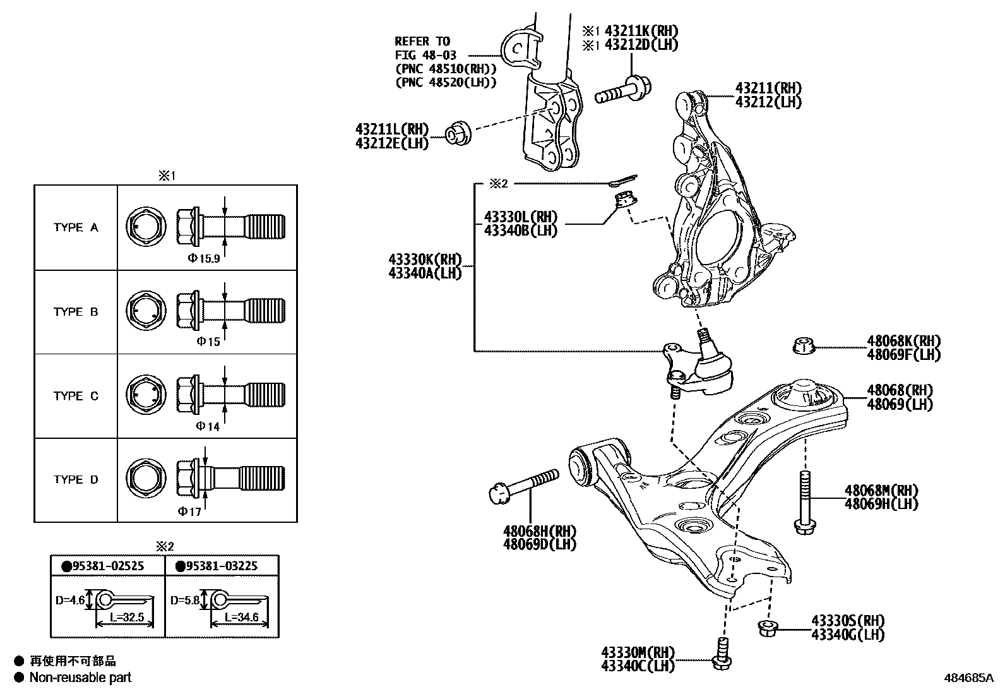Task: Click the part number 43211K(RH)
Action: pos(641,30)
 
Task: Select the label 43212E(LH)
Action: pos(391,143)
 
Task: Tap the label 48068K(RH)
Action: pos(903,342)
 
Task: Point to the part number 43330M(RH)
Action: pos(638,652)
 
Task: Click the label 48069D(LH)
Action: pos(540,544)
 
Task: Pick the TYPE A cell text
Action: pos(76,227)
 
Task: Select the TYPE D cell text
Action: pos(76,479)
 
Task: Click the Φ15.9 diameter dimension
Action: pos(203,258)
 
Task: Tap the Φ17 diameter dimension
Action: pos(189,512)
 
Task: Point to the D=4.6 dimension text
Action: pos(69,600)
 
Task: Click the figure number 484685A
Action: pos(968,678)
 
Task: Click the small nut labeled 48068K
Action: pos(802,346)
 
